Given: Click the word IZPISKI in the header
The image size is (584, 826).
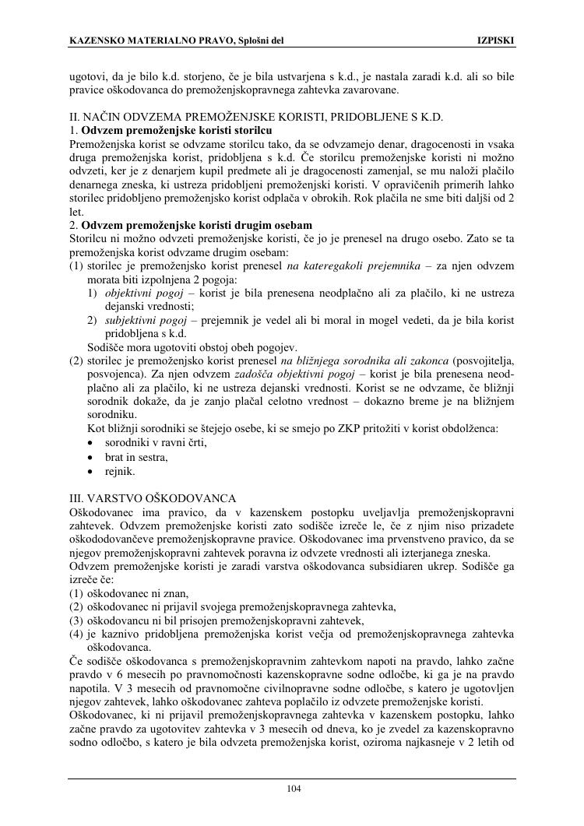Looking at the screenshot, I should (495, 40).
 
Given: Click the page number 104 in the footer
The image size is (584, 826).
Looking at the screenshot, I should (294, 789).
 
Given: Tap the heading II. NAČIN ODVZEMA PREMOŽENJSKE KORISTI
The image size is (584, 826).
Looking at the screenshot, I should (256, 118).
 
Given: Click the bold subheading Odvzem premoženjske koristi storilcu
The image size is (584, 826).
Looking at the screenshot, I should (176, 130).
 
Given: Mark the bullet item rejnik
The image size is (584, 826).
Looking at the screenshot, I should (120, 471).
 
